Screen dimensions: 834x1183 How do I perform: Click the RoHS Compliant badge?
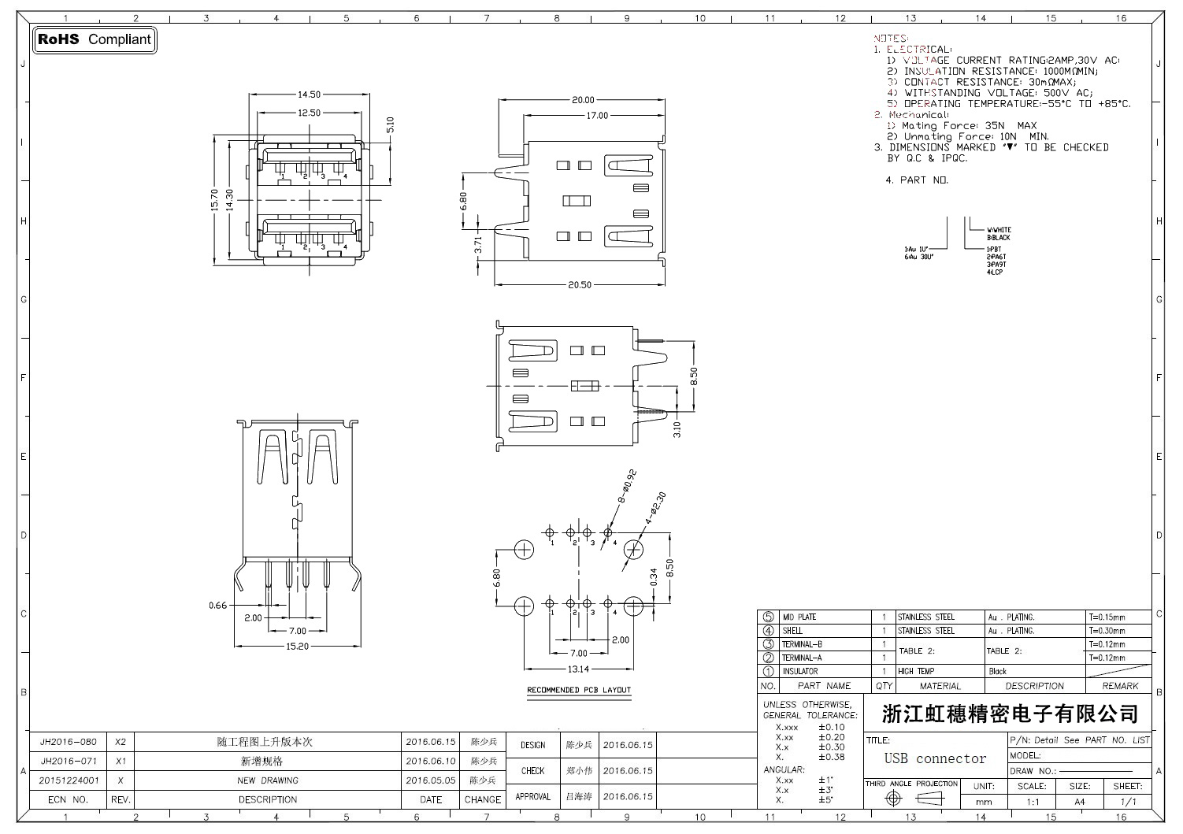(x=95, y=39)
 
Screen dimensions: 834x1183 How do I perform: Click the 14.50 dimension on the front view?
(x=309, y=95)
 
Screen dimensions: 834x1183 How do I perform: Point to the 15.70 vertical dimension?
(x=215, y=200)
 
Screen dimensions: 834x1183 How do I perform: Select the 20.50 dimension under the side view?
(x=579, y=285)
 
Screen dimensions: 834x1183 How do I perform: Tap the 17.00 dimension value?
(x=596, y=116)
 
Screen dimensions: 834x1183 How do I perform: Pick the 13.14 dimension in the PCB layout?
(x=578, y=669)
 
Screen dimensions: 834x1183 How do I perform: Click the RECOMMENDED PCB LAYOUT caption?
(x=579, y=691)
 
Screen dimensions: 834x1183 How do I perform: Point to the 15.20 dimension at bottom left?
(x=297, y=647)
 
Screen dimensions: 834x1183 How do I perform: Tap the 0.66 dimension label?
(x=217, y=606)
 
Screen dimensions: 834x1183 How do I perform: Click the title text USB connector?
(x=935, y=759)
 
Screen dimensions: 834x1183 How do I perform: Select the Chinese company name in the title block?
(x=1010, y=714)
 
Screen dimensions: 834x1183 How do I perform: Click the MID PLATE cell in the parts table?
(x=799, y=617)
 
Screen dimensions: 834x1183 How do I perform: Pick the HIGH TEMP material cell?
(x=916, y=672)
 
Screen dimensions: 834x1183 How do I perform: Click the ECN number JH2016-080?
(x=69, y=743)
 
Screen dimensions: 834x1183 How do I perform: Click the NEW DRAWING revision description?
(x=268, y=781)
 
